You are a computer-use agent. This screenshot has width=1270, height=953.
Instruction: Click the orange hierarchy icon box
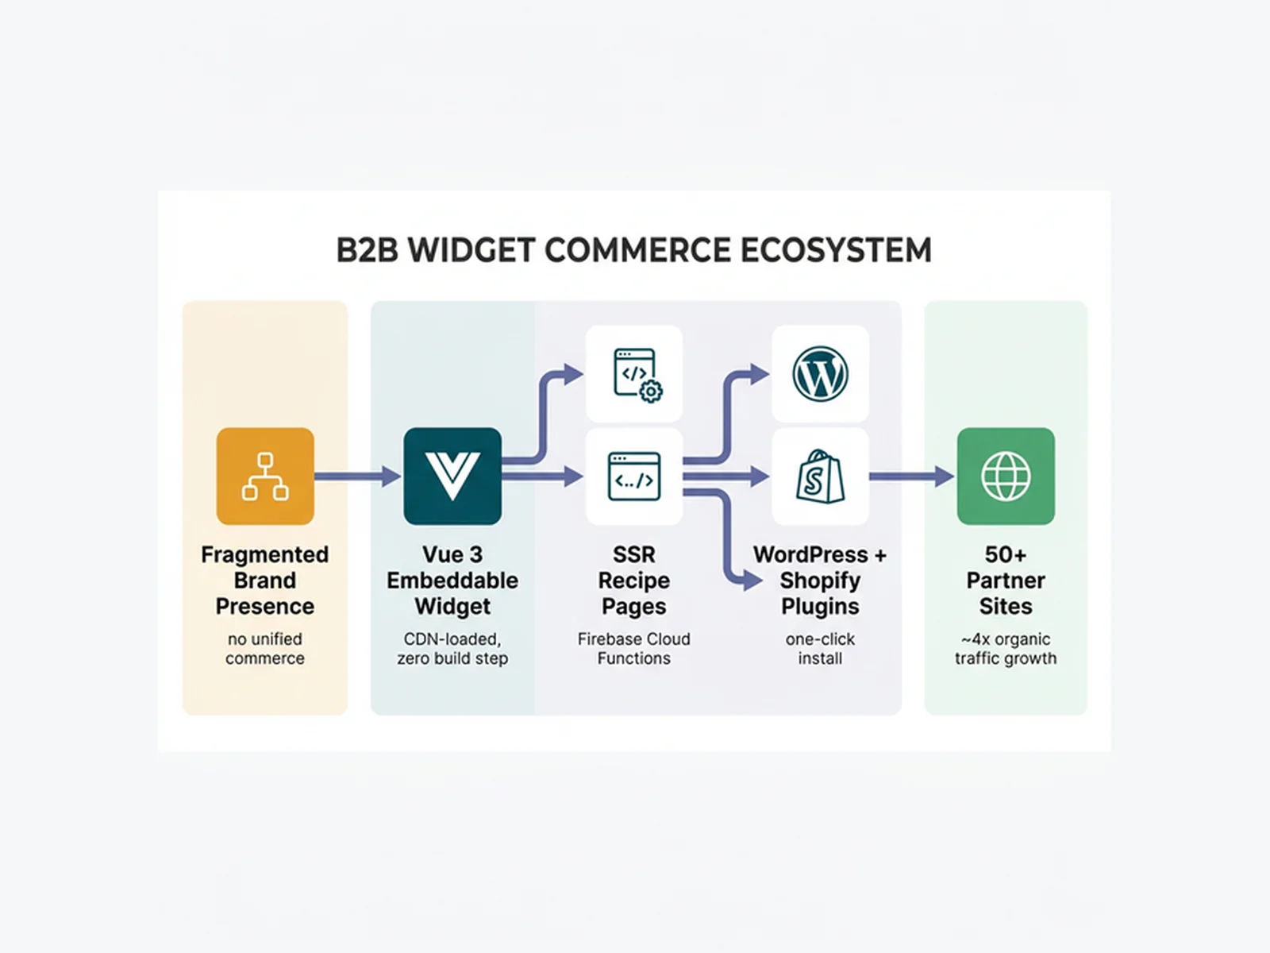click(x=265, y=476)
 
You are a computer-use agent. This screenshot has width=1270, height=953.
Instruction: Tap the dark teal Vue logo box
click(x=452, y=476)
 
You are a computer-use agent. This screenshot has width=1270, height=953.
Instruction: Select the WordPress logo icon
click(x=820, y=374)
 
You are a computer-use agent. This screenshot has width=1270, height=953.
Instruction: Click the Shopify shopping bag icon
click(x=820, y=476)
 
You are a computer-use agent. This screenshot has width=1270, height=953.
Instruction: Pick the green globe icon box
click(x=1006, y=476)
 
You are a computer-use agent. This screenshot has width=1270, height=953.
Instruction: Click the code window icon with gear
click(x=635, y=374)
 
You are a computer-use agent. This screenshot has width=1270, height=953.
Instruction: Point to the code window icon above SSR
click(x=634, y=476)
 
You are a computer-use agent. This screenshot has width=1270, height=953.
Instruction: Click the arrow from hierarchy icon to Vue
click(x=357, y=476)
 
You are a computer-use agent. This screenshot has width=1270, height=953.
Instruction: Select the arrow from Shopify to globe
click(x=911, y=476)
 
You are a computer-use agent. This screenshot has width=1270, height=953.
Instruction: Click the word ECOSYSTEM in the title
click(x=836, y=250)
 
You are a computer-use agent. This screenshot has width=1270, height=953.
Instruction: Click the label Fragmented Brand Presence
click(x=265, y=581)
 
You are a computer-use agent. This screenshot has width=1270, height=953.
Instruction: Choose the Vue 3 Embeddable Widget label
click(x=452, y=581)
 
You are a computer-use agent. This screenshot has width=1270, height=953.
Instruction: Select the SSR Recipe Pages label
click(x=634, y=581)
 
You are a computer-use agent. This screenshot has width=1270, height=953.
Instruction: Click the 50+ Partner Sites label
click(x=1006, y=581)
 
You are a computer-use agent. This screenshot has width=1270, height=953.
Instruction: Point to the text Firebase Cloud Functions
click(x=634, y=648)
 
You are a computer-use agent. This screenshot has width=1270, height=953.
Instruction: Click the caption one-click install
click(x=820, y=648)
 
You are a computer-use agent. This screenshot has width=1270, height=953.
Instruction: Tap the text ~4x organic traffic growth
click(x=1006, y=648)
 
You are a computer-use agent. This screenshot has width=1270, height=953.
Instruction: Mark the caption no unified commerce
click(x=265, y=648)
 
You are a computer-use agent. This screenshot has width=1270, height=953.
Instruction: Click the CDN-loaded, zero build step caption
click(x=452, y=648)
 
